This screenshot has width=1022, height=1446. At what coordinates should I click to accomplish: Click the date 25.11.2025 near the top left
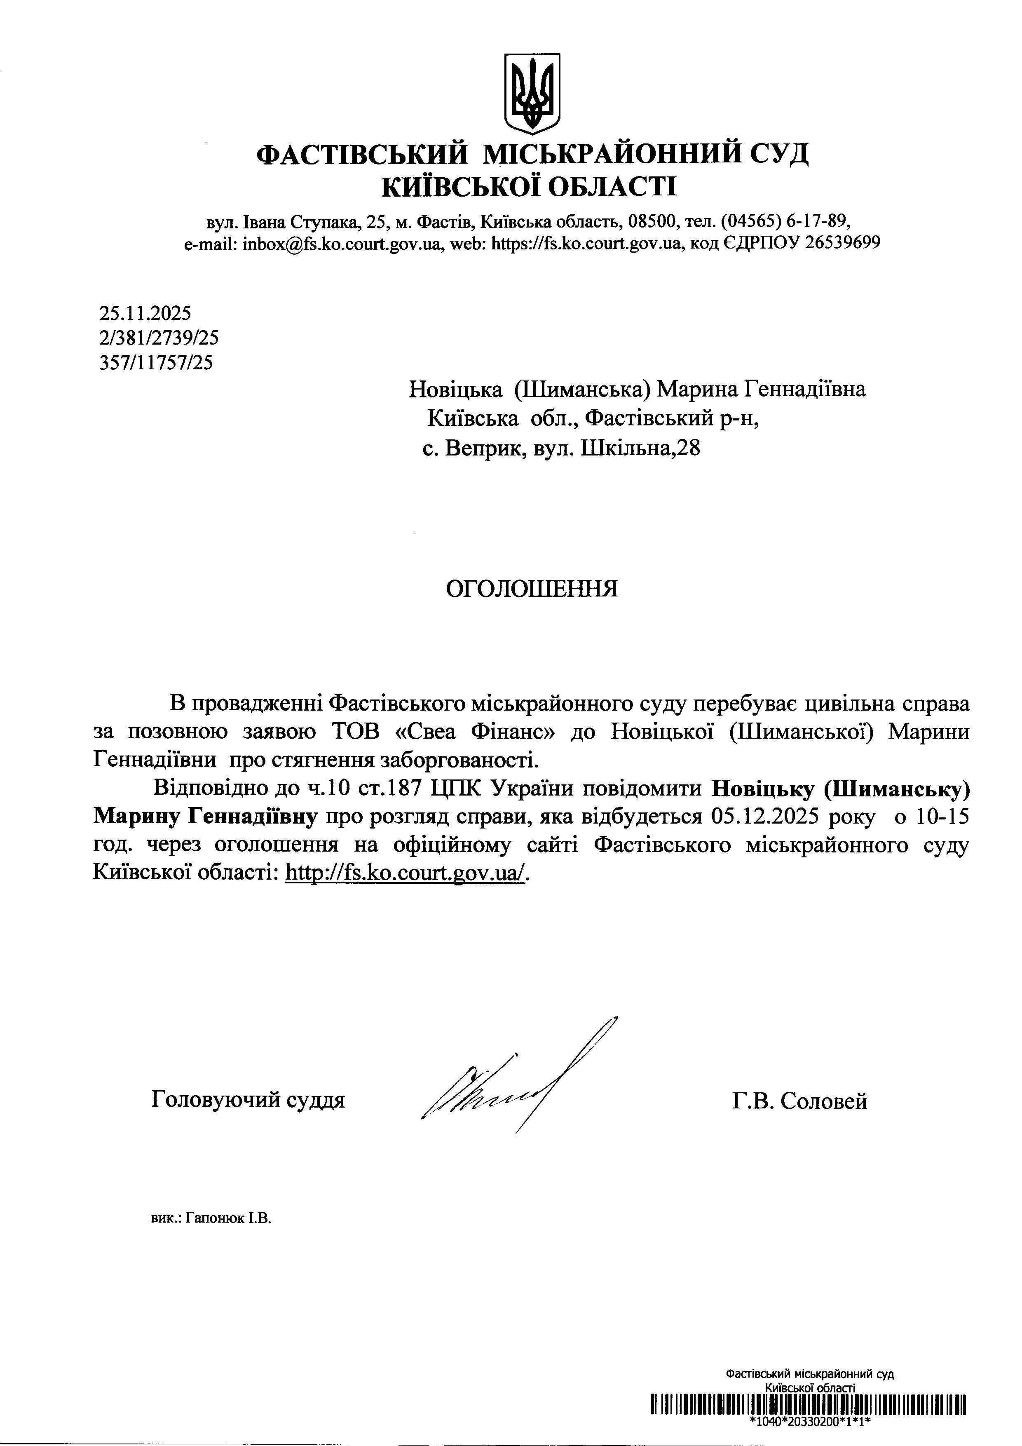(145, 312)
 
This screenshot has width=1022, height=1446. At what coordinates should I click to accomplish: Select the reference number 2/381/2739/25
(159, 338)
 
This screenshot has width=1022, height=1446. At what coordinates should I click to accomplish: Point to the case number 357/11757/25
(156, 363)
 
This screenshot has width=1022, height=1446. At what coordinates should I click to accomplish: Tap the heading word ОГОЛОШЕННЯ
(532, 589)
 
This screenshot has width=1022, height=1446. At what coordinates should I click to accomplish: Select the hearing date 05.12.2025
(764, 817)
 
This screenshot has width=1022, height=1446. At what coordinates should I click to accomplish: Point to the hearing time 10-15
(942, 817)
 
